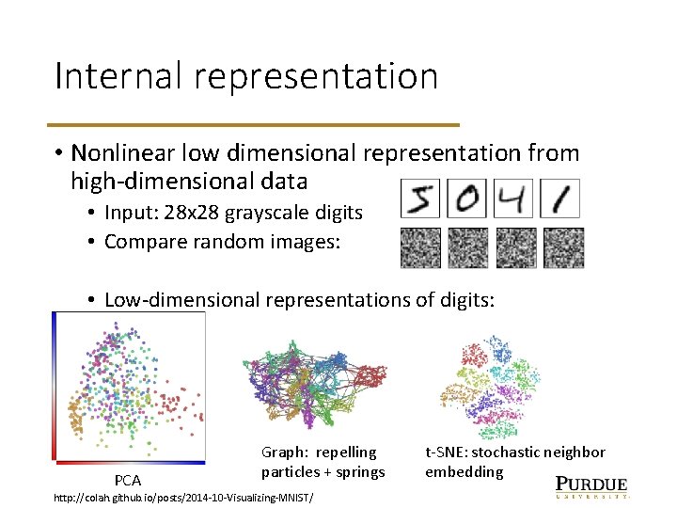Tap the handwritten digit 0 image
[x=467, y=199]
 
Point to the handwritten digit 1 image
[x=560, y=199]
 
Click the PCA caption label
[x=128, y=481]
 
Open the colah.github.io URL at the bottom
[x=183, y=496]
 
